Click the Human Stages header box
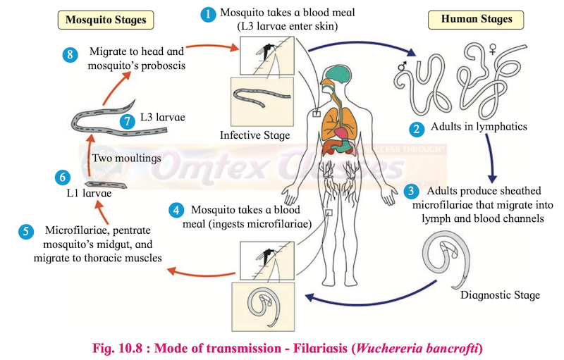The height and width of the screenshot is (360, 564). click(x=477, y=19)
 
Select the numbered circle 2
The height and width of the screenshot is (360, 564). click(x=417, y=128)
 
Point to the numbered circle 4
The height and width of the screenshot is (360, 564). click(x=178, y=210)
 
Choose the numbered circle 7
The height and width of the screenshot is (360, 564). click(x=127, y=120)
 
